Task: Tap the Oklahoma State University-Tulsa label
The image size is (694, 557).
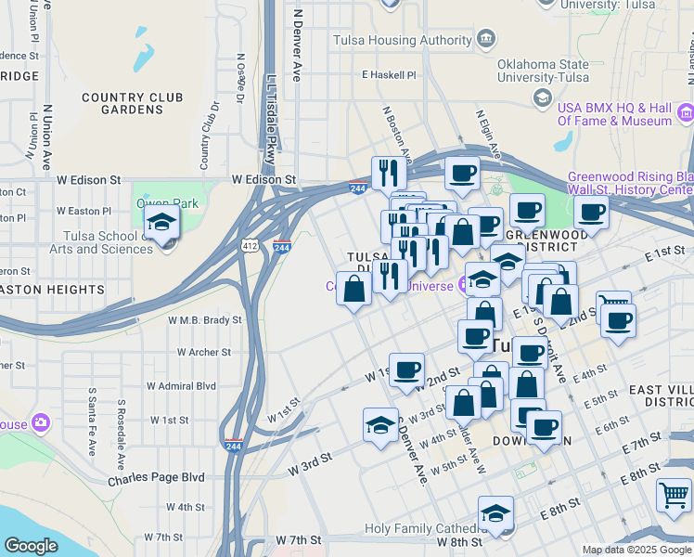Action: click(x=544, y=71)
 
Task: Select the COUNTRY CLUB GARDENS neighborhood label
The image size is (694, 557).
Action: click(x=132, y=103)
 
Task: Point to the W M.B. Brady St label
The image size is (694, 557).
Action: click(x=204, y=319)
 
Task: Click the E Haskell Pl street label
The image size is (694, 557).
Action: click(x=391, y=74)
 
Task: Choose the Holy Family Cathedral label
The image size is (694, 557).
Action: click(x=418, y=528)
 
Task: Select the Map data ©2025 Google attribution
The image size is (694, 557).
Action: click(x=636, y=550)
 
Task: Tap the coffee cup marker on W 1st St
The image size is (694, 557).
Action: click(x=406, y=370)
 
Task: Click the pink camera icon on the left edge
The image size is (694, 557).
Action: click(x=39, y=423)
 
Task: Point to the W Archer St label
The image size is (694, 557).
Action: click(x=204, y=352)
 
